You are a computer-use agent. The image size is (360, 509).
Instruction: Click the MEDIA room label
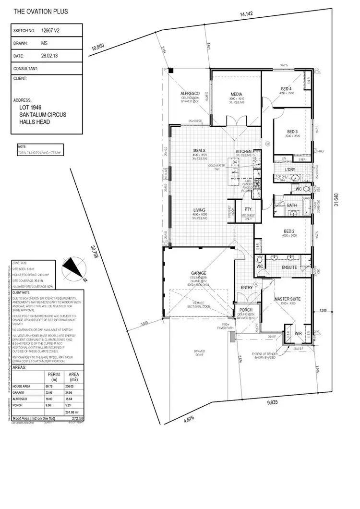pos(236,94)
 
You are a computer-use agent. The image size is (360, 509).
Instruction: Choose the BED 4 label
pos(287,88)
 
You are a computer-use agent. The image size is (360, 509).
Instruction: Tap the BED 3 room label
pos(293,132)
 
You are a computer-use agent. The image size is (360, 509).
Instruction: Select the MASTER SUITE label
pos(287,299)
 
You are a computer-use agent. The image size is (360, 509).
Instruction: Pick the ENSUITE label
pos(289,267)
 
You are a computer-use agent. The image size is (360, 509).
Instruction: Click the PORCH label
pos(246,310)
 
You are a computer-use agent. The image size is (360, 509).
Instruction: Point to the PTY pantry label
pos(248,209)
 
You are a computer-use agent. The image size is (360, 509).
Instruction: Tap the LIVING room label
pos(199,210)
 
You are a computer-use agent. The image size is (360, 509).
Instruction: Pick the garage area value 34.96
pos(74,393)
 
